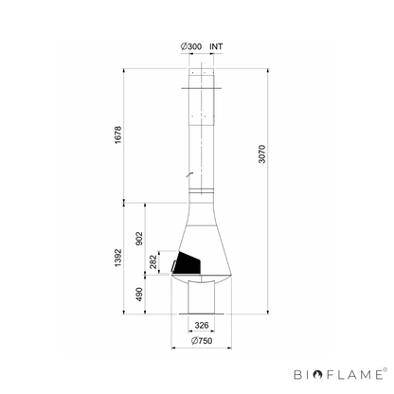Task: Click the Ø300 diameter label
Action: pyautogui.click(x=191, y=46)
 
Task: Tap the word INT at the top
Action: pyautogui.click(x=216, y=46)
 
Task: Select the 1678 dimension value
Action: pyautogui.click(x=117, y=135)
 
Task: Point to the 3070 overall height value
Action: pyautogui.click(x=262, y=154)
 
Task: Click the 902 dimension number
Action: pyautogui.click(x=139, y=239)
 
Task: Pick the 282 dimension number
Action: pyautogui.click(x=153, y=262)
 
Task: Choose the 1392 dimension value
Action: pyautogui.click(x=117, y=258)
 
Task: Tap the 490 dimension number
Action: pyautogui.click(x=139, y=295)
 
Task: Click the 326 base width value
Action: pyautogui.click(x=202, y=325)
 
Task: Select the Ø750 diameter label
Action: pyautogui.click(x=202, y=341)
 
